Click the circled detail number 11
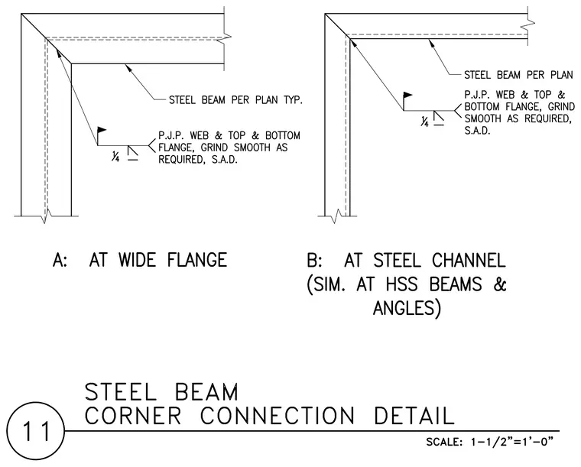coord(36,431)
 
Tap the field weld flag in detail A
coord(102,130)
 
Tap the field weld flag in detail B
coord(407,96)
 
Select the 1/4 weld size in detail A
coord(115,157)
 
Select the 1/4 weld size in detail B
coord(424,121)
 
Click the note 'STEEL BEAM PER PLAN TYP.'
coord(235,100)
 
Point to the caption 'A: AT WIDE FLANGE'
coord(140,260)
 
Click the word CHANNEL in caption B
coord(469,260)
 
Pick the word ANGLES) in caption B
coord(407,308)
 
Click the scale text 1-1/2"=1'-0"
coord(511,442)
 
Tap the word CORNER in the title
coord(133,416)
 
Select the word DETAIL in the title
coord(414,416)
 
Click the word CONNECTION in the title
coord(278,416)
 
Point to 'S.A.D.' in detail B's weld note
coord(477,131)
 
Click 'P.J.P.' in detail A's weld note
coord(170,135)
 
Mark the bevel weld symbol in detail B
coord(439,116)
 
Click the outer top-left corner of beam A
coord(21,14)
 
